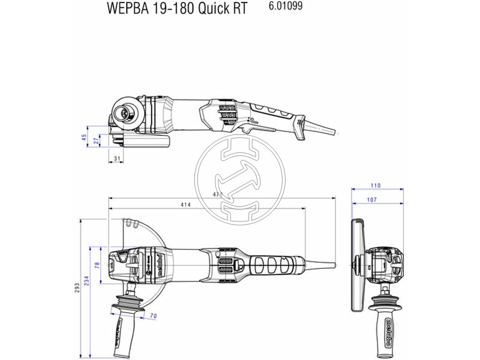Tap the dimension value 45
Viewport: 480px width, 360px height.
85,137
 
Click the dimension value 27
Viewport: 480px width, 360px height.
96,142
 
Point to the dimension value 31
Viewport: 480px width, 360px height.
117,158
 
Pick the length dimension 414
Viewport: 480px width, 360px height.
185,205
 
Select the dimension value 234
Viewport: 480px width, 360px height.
87,281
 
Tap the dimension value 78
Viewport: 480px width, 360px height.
97,265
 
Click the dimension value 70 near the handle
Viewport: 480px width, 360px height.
154,314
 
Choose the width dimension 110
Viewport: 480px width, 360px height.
376,185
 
